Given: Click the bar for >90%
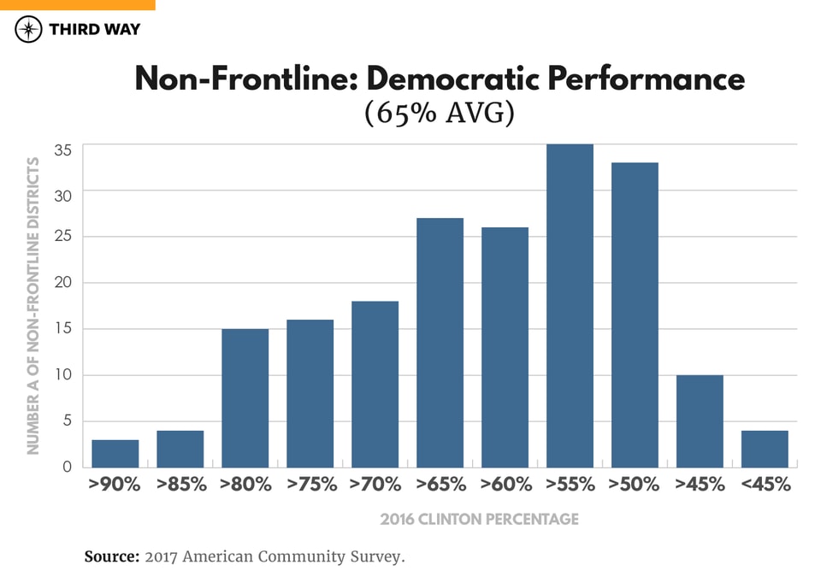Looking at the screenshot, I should click(115, 453).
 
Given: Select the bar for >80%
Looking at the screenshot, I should click(245, 397).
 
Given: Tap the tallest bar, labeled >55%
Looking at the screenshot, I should click(570, 306).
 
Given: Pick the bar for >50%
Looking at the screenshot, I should click(635, 315).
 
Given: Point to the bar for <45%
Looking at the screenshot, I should click(765, 449).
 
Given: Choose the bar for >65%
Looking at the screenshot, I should click(440, 342).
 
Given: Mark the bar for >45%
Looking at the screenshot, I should click(700, 420).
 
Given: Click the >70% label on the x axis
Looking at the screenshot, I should click(375, 485).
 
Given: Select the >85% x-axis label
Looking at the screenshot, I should click(180, 485).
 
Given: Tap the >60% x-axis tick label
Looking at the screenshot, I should click(505, 485).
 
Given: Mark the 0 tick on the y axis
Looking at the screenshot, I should click(67, 467).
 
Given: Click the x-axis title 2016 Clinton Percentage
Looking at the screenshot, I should click(479, 519).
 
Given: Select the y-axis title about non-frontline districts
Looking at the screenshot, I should click(33, 305).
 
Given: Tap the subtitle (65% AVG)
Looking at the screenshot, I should click(439, 114).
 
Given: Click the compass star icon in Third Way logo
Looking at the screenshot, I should click(29, 29).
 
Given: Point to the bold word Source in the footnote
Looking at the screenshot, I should click(111, 557).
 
